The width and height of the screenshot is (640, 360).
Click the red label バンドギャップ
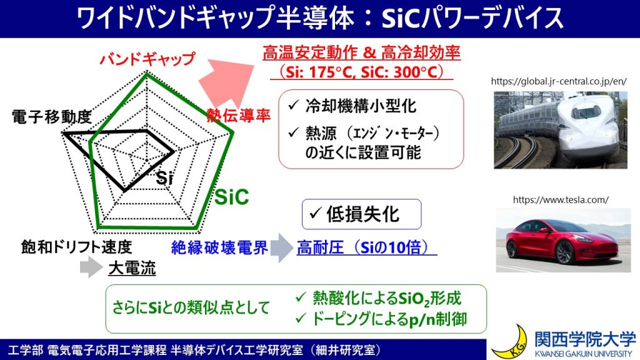[147, 59]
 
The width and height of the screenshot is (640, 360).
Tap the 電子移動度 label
[51, 117]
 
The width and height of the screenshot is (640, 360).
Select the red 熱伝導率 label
[238, 116]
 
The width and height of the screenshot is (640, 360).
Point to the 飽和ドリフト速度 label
[76, 247]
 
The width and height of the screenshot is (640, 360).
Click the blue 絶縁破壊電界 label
[219, 247]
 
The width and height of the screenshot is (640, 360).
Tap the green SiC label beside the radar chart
[231, 197]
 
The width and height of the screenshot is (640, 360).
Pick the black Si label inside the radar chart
[164, 177]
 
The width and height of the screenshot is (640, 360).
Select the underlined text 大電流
[132, 268]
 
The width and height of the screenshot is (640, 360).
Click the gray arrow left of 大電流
[91, 267]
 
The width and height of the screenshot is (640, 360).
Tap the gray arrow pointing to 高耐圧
[282, 247]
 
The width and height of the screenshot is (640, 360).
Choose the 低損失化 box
[362, 214]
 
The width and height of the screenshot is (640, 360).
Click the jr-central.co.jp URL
[559, 81]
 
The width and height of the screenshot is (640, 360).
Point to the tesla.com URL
[561, 199]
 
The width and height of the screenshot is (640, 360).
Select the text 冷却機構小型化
[361, 106]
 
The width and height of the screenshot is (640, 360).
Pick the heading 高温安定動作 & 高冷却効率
[362, 52]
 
